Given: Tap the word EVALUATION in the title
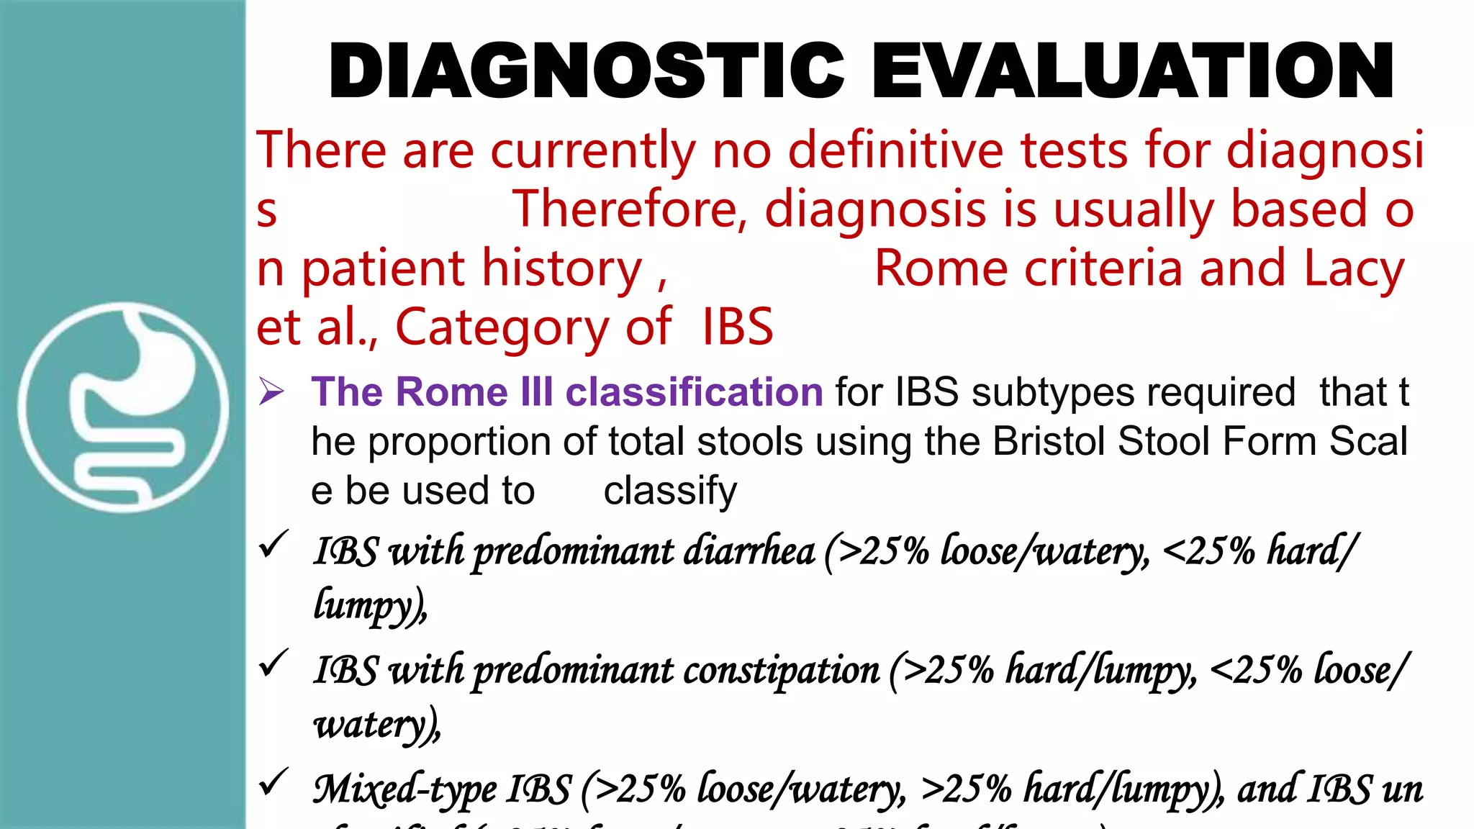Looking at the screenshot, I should (x=1133, y=71).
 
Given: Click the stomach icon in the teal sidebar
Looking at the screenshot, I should (x=123, y=407).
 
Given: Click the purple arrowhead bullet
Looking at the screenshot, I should (x=271, y=392).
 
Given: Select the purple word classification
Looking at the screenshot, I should (x=694, y=392).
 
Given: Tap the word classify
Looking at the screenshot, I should (x=670, y=491).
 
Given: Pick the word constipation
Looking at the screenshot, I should (x=781, y=671).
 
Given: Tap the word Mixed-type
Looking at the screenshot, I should (x=404, y=789).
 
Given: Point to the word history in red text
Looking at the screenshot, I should (x=561, y=268).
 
